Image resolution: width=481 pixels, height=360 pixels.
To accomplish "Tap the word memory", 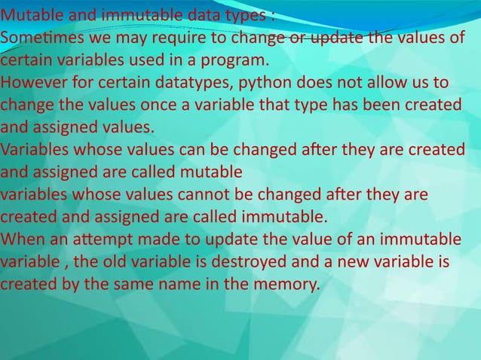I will click(287, 285).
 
